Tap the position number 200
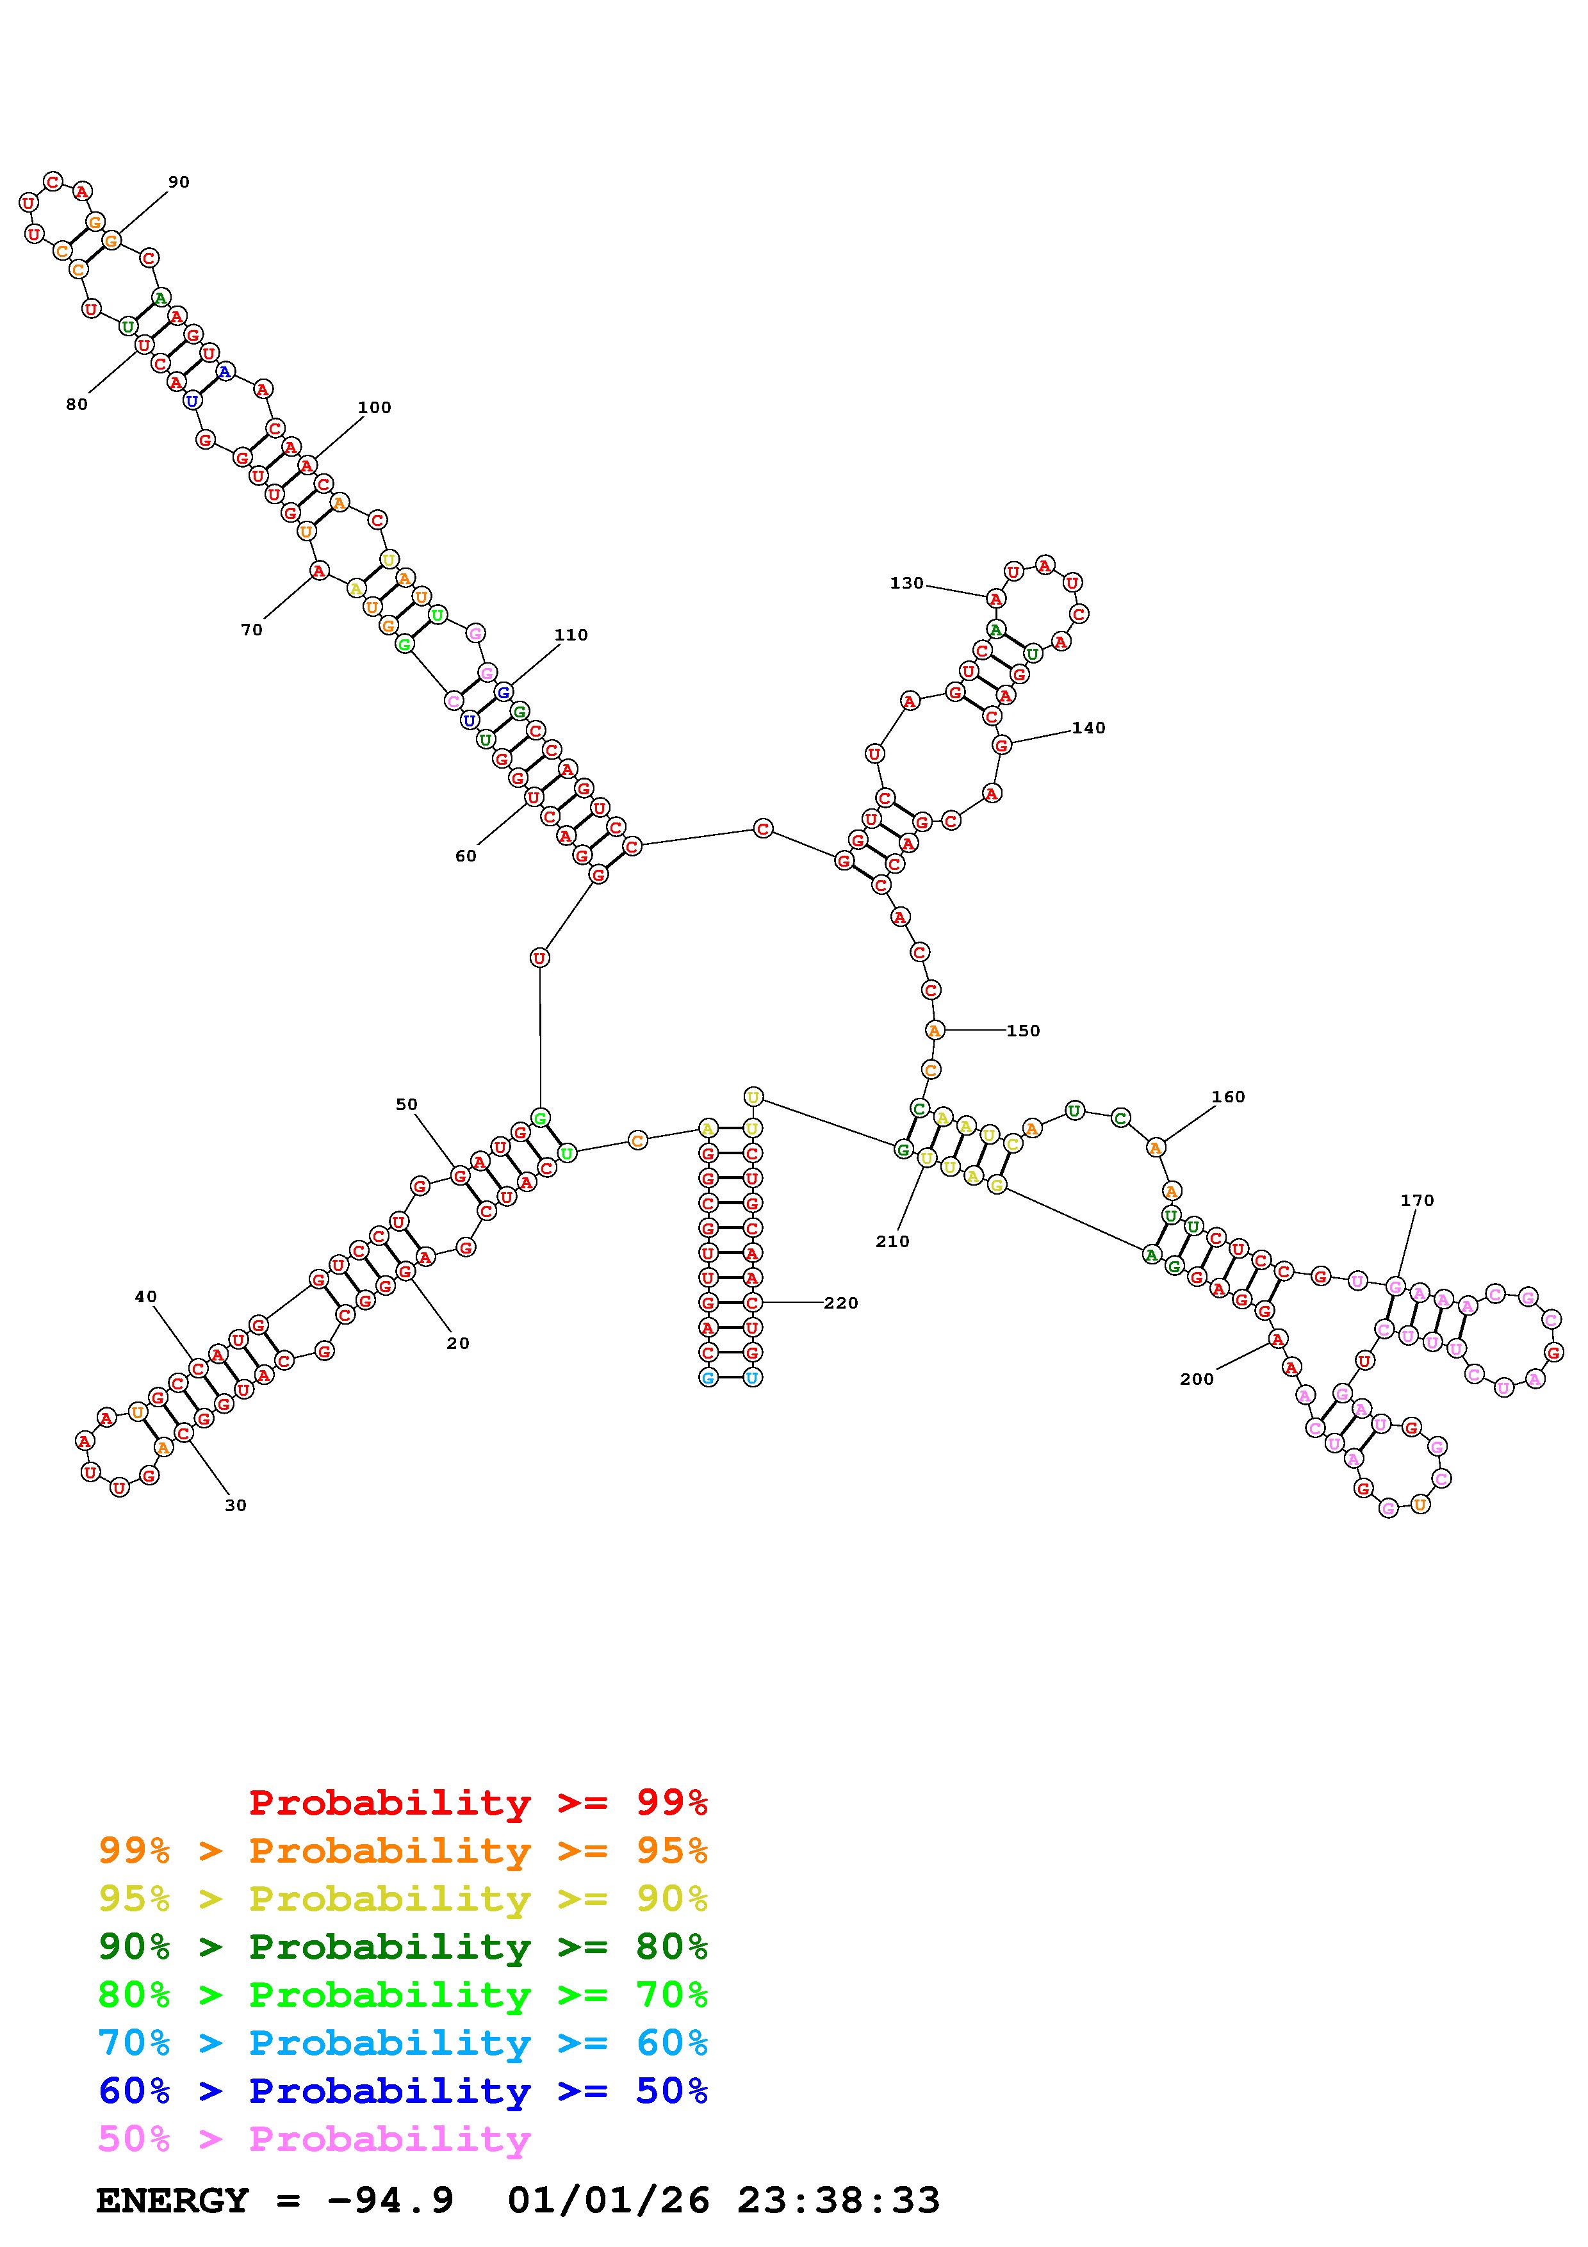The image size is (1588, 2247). point(1196,1379)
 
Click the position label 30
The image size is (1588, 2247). point(236,1505)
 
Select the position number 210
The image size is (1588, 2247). point(892,1241)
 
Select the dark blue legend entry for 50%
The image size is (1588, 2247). point(403,2091)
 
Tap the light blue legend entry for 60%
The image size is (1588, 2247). point(403,2043)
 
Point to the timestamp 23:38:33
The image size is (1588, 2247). point(839,2200)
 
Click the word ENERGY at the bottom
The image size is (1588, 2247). point(172,2200)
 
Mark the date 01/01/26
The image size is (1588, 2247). point(609,2200)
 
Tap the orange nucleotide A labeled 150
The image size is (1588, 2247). point(935,1031)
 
